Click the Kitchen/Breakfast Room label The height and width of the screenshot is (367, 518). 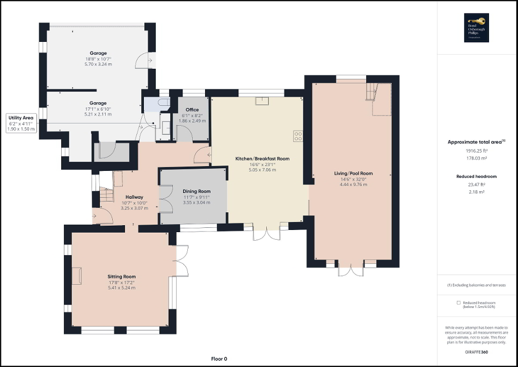262,159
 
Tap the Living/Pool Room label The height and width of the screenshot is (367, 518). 353,174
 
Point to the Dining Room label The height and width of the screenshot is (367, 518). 196,191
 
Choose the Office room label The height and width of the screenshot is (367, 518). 192,110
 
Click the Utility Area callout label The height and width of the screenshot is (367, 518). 21,117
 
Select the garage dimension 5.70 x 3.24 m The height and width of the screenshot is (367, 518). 98,64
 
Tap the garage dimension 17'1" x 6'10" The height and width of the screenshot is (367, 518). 98,109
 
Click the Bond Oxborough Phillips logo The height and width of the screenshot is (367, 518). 477,27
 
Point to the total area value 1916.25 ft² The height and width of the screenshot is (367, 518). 477,151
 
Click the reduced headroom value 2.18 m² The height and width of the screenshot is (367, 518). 477,191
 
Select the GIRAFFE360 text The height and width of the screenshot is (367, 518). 477,351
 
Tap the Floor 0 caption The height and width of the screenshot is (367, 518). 219,358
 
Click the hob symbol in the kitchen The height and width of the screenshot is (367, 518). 298,136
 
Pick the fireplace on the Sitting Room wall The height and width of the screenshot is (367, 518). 78,275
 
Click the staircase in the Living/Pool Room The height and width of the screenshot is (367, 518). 372,91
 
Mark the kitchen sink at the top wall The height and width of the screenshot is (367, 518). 261,99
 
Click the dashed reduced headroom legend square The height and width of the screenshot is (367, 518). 458,303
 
